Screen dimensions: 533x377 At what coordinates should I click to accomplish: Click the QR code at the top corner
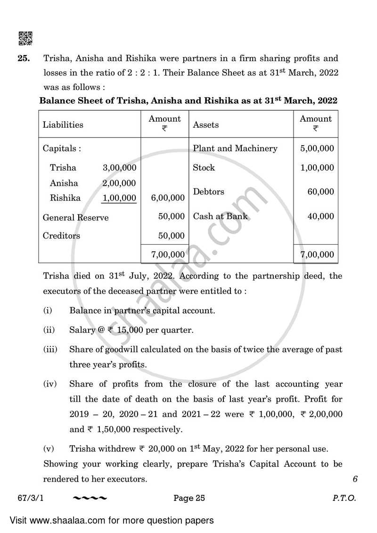tap(25, 38)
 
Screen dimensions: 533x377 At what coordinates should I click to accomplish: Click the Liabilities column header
tap(63, 125)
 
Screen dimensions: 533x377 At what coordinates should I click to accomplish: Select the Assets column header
tap(206, 125)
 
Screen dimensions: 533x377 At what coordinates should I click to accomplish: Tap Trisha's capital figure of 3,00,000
tap(119, 168)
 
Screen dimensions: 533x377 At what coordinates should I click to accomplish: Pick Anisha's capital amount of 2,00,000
tap(119, 183)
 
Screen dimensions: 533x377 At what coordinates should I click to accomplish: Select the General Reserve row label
tap(75, 218)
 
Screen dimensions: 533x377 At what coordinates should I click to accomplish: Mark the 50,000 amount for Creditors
tap(171, 236)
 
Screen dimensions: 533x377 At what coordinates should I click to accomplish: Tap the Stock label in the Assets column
tap(204, 168)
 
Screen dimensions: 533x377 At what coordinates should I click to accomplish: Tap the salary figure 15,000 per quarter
tap(130, 330)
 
